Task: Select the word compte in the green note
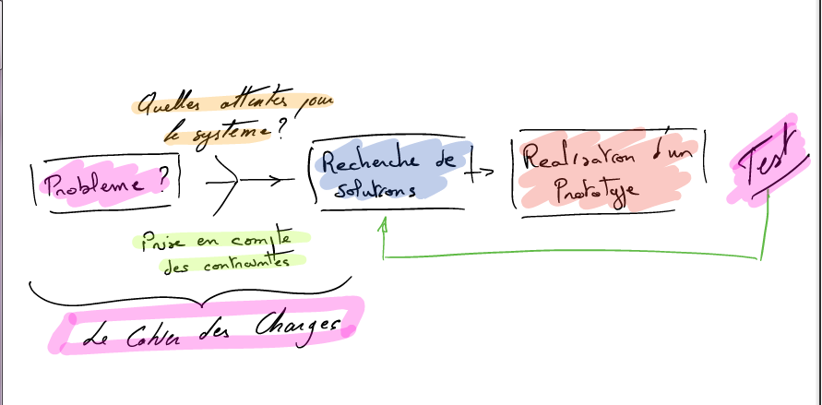click(x=262, y=240)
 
